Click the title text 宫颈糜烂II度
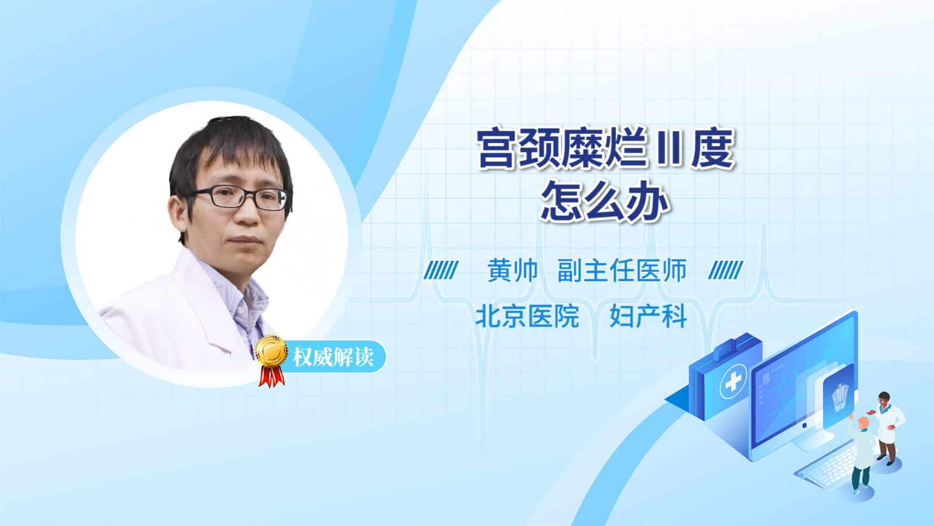[605, 148]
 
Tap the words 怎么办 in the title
[605, 201]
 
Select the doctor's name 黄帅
[513, 271]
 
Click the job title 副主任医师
[622, 271]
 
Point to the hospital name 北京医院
[528, 316]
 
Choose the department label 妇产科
[648, 316]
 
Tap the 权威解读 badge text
[333, 357]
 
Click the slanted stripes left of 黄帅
[441, 270]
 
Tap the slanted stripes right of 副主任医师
[726, 270]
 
